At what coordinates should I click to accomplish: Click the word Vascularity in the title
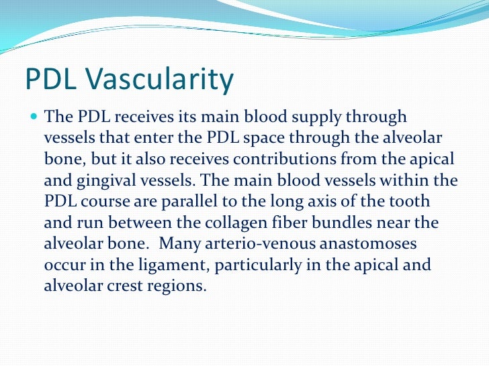point(163,80)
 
